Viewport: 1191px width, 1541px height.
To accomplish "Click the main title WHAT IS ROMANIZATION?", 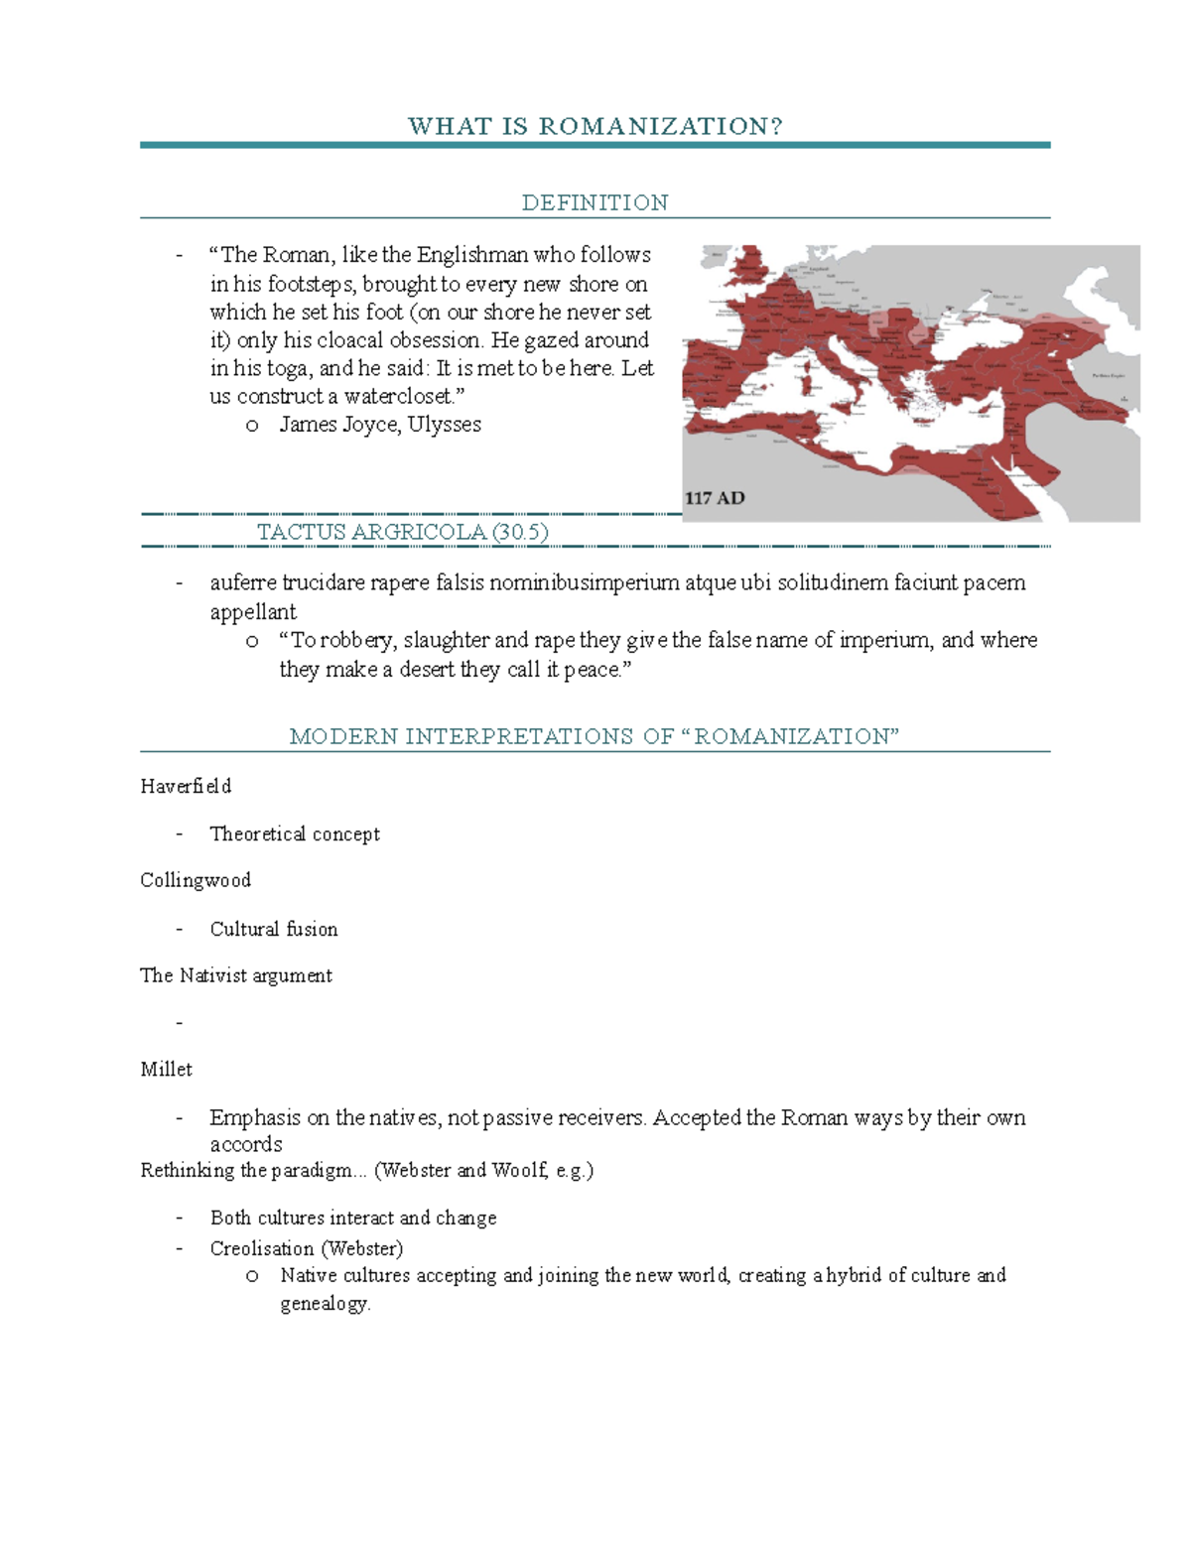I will [x=595, y=126].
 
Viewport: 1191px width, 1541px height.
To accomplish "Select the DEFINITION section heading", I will [x=595, y=202].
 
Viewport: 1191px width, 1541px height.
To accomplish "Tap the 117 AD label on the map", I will [x=715, y=498].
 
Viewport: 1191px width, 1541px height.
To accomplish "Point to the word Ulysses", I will [x=444, y=425].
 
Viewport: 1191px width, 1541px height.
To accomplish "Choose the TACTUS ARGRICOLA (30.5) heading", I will [x=402, y=532].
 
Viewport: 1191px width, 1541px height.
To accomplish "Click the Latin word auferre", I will [x=243, y=582].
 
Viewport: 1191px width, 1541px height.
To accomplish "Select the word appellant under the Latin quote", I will [x=253, y=611].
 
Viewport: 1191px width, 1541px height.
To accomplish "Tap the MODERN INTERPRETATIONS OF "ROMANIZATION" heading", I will [x=594, y=736].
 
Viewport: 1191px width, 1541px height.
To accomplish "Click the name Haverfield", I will [x=186, y=786].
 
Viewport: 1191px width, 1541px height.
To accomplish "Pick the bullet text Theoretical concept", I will [x=295, y=834].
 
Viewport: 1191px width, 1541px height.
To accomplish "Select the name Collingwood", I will [x=196, y=880].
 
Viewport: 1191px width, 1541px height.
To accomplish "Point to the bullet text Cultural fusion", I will [x=274, y=929].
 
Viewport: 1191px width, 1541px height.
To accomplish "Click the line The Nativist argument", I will [x=236, y=975].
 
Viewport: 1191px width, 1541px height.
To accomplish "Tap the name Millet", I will [x=166, y=1069].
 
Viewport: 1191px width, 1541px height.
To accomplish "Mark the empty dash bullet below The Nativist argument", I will [x=180, y=1022].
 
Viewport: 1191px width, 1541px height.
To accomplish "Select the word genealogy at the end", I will [x=324, y=1304].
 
